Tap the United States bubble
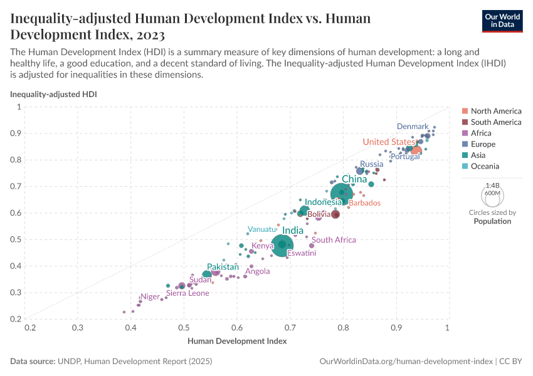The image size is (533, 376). click(416, 150)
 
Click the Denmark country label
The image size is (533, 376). click(413, 127)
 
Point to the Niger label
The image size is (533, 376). click(150, 296)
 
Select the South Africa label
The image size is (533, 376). click(334, 240)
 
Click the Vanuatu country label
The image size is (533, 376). click(262, 229)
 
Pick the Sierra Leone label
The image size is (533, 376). click(187, 293)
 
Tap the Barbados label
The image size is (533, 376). click(364, 203)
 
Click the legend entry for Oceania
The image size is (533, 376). click(485, 166)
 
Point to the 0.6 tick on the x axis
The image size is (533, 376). click(237, 328)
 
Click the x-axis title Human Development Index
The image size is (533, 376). click(237, 342)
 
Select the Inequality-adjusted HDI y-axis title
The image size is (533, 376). click(53, 94)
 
